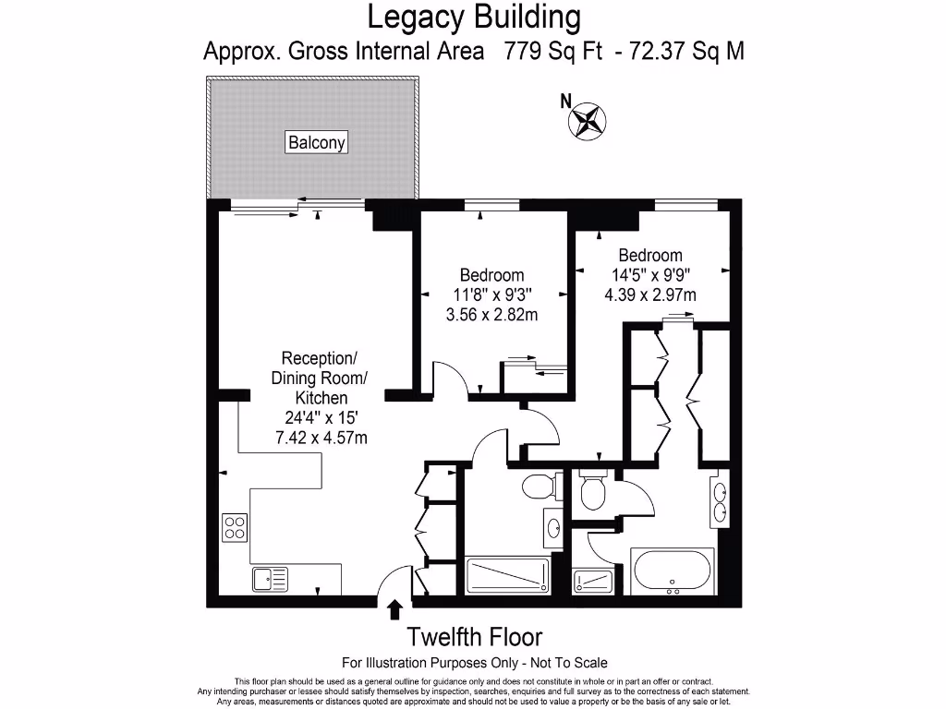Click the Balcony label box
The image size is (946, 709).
(x=316, y=142)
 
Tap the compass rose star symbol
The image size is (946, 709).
(x=587, y=121)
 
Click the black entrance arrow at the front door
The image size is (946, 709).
(x=395, y=609)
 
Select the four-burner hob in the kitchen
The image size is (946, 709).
(x=235, y=527)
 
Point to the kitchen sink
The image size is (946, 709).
(x=271, y=580)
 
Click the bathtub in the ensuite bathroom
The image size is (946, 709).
(x=673, y=571)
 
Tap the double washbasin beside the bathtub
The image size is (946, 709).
(x=719, y=501)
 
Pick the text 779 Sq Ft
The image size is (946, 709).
(x=553, y=51)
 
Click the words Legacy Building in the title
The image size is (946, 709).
(x=474, y=17)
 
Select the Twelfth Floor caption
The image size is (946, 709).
(x=474, y=637)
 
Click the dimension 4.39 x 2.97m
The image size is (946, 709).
(x=650, y=294)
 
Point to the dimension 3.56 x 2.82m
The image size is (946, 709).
(x=491, y=315)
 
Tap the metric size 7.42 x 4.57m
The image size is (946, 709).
(x=321, y=438)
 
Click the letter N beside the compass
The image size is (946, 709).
(x=565, y=102)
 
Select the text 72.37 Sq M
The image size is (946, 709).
(x=686, y=51)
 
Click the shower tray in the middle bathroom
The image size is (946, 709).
(x=507, y=576)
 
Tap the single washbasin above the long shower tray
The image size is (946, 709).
(x=553, y=529)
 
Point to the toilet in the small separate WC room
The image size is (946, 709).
(x=592, y=491)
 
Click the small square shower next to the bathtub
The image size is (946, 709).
(x=593, y=582)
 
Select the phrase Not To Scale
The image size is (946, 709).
(x=569, y=663)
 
